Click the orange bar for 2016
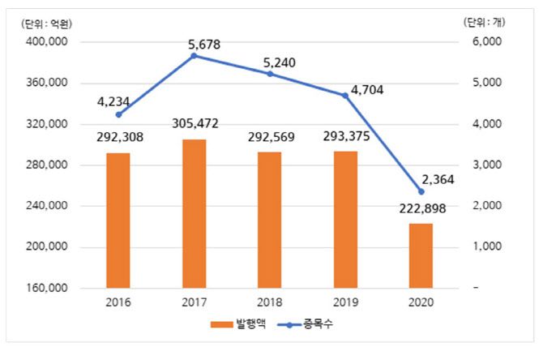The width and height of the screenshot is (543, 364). (x=118, y=221)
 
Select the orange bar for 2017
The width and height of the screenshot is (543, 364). (x=194, y=214)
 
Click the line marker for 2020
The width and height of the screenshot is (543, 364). (x=421, y=192)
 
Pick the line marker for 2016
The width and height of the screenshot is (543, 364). (x=119, y=115)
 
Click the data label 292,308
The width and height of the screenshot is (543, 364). (x=119, y=138)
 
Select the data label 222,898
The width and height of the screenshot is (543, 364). (x=420, y=209)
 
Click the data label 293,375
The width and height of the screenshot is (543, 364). (x=345, y=136)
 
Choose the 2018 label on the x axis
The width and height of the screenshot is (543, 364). (x=270, y=302)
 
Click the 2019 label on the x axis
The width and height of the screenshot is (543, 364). (x=345, y=302)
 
